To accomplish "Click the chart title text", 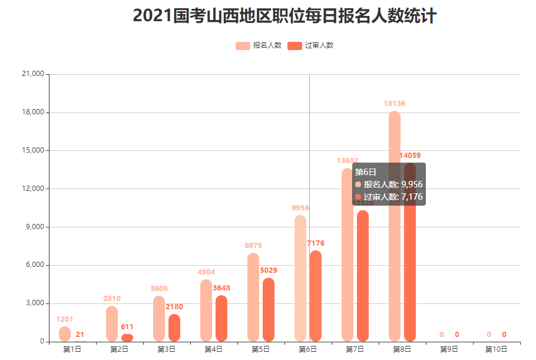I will [x=284, y=16].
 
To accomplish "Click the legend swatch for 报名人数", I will [x=243, y=45].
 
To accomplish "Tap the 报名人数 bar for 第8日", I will [x=395, y=226].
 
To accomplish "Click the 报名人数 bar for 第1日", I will [x=65, y=334].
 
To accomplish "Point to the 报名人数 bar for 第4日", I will [x=206, y=311].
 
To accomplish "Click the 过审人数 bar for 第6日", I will [x=316, y=296].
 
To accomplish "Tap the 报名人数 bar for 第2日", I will [x=112, y=323].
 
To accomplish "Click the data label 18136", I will [x=395, y=104].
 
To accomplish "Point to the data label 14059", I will [x=410, y=156].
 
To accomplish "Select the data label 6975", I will [x=253, y=245].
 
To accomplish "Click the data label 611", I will [x=127, y=326].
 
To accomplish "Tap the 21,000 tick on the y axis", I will [x=33, y=74].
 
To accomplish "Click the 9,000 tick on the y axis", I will [x=35, y=227].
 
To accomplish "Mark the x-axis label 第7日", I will [x=355, y=349].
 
